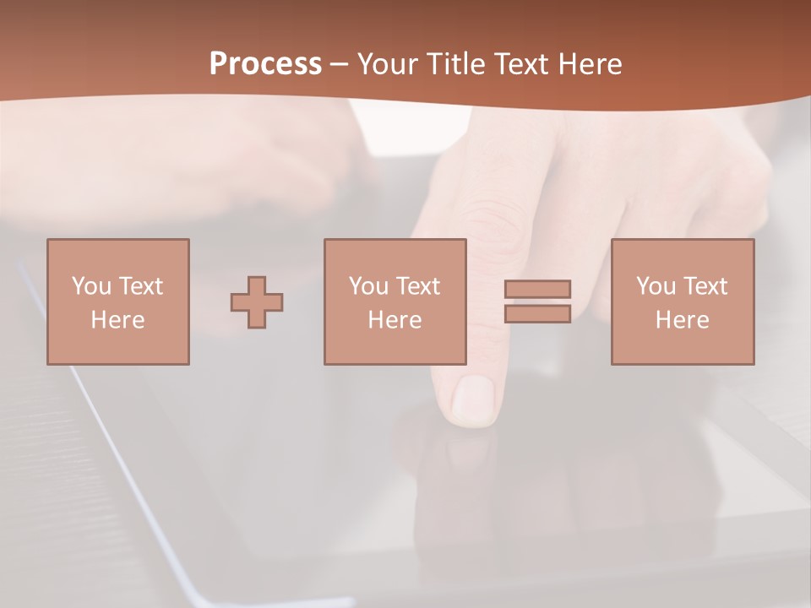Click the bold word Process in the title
(x=265, y=64)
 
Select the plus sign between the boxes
(x=257, y=302)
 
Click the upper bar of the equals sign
(x=537, y=289)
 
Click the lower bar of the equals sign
(x=537, y=313)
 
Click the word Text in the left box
(x=141, y=286)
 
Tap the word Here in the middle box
(x=395, y=320)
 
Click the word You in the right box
(x=656, y=286)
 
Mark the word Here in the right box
(x=683, y=320)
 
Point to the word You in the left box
(x=91, y=286)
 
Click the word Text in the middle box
(x=418, y=286)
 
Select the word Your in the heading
(x=389, y=64)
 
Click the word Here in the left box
(x=118, y=320)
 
